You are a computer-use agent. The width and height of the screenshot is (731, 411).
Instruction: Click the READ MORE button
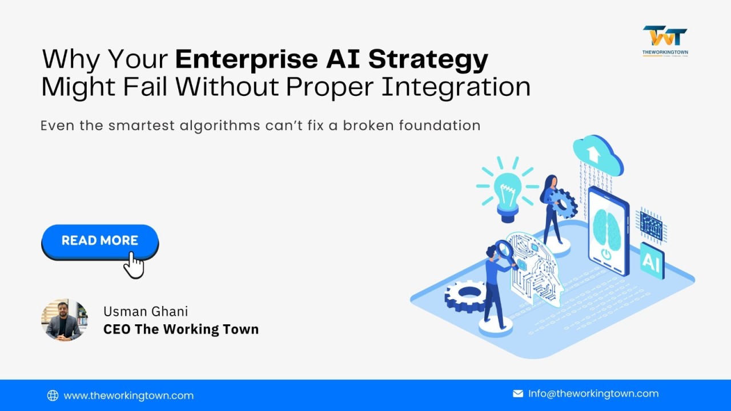pyautogui.click(x=100, y=241)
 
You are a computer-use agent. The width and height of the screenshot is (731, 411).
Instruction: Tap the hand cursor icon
pyautogui.click(x=134, y=266)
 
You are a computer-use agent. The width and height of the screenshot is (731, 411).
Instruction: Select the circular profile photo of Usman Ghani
pyautogui.click(x=65, y=320)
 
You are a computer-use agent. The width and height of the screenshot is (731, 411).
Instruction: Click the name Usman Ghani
pyautogui.click(x=146, y=311)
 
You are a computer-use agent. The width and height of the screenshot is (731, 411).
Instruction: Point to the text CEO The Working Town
pyautogui.click(x=181, y=329)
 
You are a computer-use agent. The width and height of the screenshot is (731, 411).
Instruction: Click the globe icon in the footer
pyautogui.click(x=53, y=396)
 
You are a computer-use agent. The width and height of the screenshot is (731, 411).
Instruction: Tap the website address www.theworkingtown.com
pyautogui.click(x=128, y=396)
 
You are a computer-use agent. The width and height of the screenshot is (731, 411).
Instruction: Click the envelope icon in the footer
pyautogui.click(x=518, y=393)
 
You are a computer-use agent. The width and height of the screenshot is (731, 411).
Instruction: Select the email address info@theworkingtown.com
pyautogui.click(x=593, y=393)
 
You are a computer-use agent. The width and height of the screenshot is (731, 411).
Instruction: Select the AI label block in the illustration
pyautogui.click(x=652, y=260)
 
